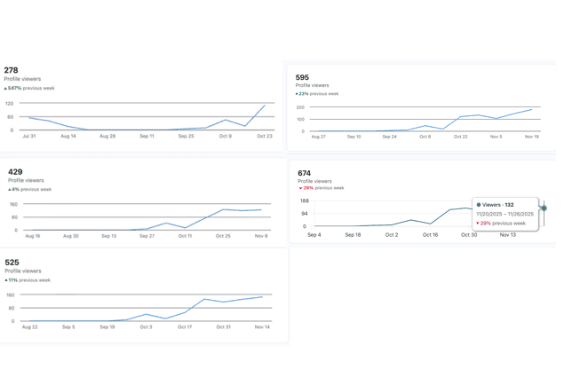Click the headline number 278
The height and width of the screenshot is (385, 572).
[11, 70]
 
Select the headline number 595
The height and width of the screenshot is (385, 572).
[303, 77]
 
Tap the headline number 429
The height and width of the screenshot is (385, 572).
[15, 172]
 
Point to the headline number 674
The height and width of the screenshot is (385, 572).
[305, 173]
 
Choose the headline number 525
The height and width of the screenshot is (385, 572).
[12, 263]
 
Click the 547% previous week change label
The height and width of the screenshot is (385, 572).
[28, 88]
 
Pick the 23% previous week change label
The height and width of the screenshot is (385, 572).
[317, 93]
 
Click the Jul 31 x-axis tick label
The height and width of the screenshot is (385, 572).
[29, 137]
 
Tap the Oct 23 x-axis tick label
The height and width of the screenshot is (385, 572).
[264, 137]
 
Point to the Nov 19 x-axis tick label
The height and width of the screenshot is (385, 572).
[532, 137]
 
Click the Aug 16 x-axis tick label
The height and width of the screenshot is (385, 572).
[33, 236]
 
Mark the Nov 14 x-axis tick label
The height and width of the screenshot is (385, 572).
[261, 327]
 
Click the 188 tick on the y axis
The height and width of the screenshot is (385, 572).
[304, 200]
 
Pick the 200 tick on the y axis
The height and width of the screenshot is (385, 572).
[301, 108]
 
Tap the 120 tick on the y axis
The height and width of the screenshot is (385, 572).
[11, 103]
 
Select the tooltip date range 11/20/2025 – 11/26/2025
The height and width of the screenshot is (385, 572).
[505, 214]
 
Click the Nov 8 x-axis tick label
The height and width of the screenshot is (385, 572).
[260, 236]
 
